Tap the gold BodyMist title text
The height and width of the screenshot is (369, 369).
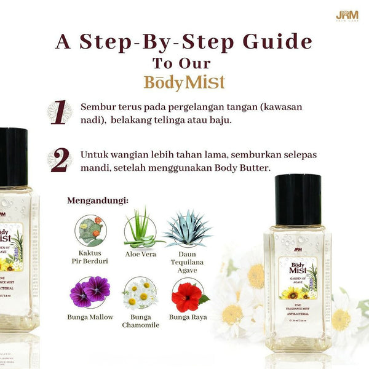tap(184, 82)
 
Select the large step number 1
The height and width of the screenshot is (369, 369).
tap(59, 114)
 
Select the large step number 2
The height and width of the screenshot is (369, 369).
tap(59, 160)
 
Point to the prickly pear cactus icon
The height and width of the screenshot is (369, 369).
tap(90, 230)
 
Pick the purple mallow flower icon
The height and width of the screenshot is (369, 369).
tap(90, 292)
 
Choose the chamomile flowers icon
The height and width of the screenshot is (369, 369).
tap(140, 293)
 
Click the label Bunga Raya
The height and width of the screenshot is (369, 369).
tap(188, 317)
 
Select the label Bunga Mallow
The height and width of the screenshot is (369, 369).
tap(90, 317)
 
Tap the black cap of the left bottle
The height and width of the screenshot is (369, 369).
tap(12, 157)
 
